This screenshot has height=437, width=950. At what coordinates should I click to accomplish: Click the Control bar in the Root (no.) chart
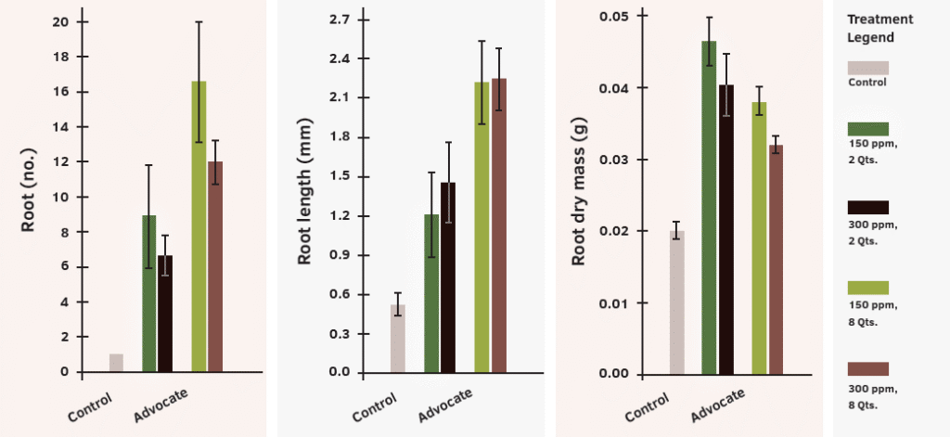coord(116,363)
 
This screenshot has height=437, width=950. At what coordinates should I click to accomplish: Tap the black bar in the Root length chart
coord(448,278)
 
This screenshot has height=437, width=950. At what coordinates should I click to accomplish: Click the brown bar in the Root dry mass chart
coord(776,260)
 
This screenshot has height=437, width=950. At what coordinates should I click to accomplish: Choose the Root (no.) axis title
coord(28,195)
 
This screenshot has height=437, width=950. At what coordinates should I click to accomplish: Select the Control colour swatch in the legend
coord(867,68)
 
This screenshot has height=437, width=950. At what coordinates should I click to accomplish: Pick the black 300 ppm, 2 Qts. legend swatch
coord(867,207)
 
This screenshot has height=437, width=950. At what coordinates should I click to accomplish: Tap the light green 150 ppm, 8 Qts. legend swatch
coord(867,288)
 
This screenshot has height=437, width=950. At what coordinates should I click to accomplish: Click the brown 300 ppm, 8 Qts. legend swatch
coord(867,369)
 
